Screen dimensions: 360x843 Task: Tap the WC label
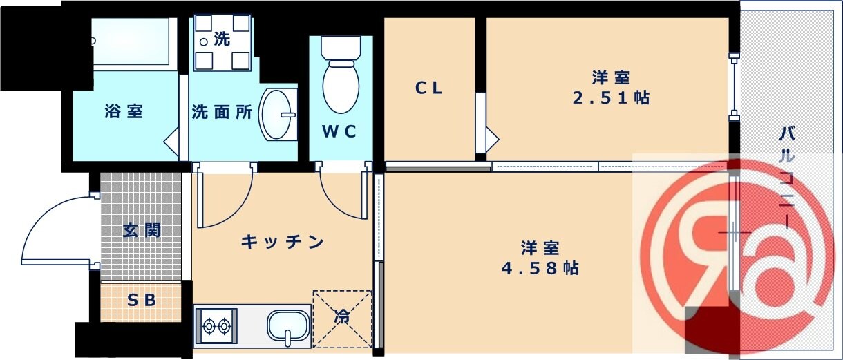pos(339,131)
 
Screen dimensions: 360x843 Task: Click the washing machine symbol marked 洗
pos(222,41)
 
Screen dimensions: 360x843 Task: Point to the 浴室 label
pos(124,111)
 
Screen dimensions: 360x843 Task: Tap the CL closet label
pos(428,88)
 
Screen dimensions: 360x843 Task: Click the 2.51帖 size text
pos(611,97)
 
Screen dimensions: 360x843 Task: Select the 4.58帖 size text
pos(540,267)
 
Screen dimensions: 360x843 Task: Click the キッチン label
pos(283,242)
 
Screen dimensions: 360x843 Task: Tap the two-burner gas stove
pos(216,325)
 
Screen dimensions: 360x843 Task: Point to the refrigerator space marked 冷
pos(342,319)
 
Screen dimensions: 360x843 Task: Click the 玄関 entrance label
pos(142,230)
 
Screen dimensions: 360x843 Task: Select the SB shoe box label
pos(141,301)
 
